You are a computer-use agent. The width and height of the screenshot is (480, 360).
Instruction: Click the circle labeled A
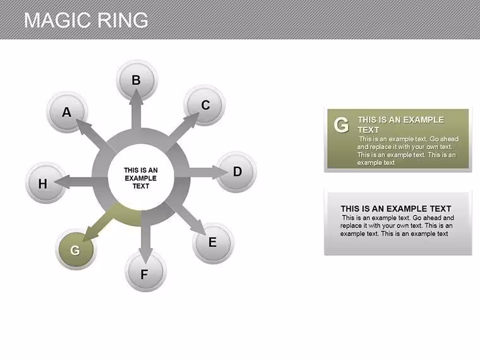pos(67,112)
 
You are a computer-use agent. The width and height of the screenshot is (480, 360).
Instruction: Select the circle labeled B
pos(137,80)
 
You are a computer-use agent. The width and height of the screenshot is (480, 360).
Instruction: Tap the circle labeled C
pos(205,105)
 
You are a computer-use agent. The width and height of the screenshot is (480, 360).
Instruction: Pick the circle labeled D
pos(236,172)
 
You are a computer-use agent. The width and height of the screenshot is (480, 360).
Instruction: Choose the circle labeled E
pos(213,243)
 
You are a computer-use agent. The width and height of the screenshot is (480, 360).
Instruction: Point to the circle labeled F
pos(146,271)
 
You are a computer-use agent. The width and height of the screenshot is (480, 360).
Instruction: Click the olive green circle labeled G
pos(76,249)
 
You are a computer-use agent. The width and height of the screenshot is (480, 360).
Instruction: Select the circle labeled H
pos(45,183)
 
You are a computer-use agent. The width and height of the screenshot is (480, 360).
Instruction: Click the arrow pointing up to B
pos(136,110)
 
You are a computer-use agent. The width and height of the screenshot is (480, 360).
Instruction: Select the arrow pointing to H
pos(76,181)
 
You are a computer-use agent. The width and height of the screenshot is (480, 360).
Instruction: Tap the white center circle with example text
pos(141,177)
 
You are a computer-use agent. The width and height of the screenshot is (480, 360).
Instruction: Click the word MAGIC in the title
pos(56,20)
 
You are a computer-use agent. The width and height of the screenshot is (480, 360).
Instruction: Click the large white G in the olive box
pos(341,125)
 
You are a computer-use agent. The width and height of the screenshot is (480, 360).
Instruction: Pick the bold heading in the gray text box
pos(396,209)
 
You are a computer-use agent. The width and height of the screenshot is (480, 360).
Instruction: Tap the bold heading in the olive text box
pos(400,124)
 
